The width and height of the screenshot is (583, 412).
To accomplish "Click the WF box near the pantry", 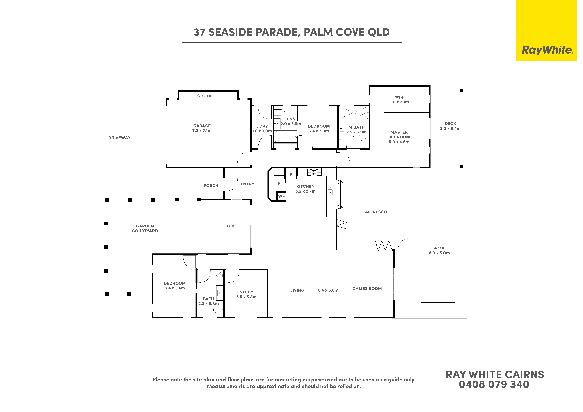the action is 281,196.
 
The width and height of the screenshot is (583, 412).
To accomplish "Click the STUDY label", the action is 247,292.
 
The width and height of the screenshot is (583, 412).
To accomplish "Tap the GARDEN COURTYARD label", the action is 145,228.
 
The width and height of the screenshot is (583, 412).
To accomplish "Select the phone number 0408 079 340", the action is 494,385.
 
